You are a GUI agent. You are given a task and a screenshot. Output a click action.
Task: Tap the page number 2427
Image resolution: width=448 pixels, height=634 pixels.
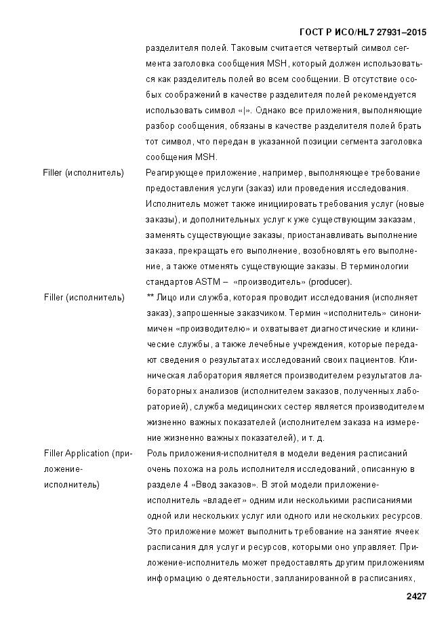pyautogui.click(x=416, y=596)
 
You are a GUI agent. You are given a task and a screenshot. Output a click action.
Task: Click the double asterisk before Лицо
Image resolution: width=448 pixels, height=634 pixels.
pyautogui.click(x=150, y=297)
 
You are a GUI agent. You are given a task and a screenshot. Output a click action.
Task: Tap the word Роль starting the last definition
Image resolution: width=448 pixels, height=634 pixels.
pyautogui.click(x=156, y=453)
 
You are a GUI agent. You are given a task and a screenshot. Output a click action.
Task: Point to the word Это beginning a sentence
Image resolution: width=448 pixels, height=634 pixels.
pyautogui.click(x=155, y=531)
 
